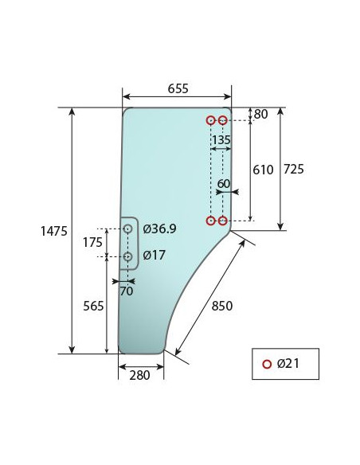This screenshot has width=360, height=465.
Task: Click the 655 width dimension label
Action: click(x=178, y=88)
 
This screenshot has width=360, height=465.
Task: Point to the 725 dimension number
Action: click(x=294, y=169)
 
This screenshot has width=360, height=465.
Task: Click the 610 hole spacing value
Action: click(x=263, y=170)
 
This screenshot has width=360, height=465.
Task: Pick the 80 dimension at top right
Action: click(x=260, y=114)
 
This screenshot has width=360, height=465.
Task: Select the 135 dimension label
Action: click(x=221, y=140)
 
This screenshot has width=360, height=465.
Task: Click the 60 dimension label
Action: click(x=223, y=183)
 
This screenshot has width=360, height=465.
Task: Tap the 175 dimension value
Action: click(x=93, y=242)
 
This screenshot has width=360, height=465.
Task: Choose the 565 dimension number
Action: click(x=93, y=306)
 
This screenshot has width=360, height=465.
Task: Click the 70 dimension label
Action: click(x=126, y=291)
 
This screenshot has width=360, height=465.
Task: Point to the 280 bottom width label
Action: click(x=140, y=376)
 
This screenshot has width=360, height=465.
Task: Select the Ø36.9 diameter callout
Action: click(x=159, y=229)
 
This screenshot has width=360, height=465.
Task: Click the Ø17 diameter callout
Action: click(x=154, y=256)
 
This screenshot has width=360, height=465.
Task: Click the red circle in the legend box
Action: click(x=267, y=365)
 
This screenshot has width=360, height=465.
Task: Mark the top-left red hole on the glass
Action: click(x=210, y=120)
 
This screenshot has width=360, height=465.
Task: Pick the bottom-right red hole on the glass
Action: click(x=222, y=221)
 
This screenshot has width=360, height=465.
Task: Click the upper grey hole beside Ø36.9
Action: click(x=127, y=229)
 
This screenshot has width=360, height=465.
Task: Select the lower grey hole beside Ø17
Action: click(x=127, y=256)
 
